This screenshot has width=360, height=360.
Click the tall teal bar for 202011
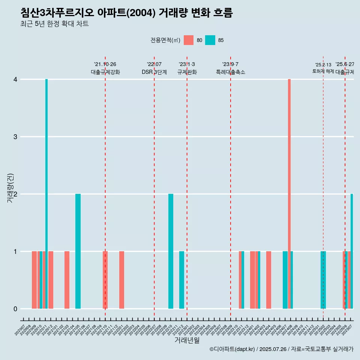click(46, 193)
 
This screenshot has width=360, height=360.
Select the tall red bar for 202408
click(289, 193)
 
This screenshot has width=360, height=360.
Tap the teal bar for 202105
click(78, 251)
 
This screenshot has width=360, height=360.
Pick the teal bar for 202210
click(171, 251)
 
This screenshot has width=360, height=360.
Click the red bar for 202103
click(67, 280)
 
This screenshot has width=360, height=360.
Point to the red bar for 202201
click(121, 280)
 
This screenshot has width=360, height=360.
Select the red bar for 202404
click(268, 280)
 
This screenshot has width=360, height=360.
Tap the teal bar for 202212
click(181, 280)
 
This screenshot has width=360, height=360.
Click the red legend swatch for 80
click(189, 40)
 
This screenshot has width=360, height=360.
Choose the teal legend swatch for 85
click(210, 40)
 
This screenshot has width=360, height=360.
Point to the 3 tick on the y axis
click(15, 137)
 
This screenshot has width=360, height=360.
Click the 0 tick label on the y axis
click(15, 309)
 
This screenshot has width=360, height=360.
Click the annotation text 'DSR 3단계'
click(154, 72)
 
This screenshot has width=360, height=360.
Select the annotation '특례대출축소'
click(231, 72)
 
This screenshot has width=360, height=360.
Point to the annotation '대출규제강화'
click(105, 72)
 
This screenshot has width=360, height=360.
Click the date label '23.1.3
click(187, 64)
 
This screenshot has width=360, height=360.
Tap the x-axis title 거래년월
click(187, 340)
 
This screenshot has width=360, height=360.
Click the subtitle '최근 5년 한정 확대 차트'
click(55, 24)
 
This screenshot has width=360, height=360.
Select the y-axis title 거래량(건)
click(10, 188)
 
